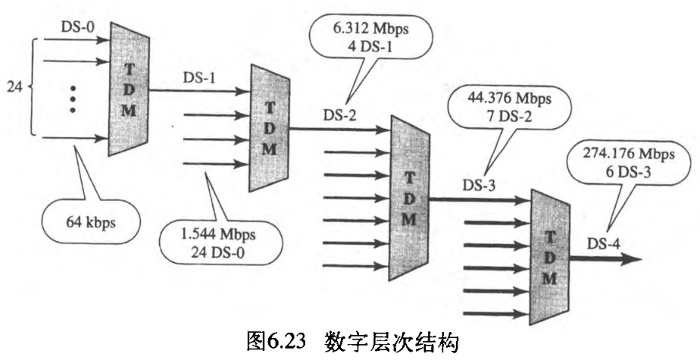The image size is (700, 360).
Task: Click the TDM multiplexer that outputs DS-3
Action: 409,197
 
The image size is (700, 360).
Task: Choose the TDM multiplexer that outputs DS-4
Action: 549,254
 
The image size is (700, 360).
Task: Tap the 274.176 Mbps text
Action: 629,154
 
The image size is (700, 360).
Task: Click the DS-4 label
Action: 606,244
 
